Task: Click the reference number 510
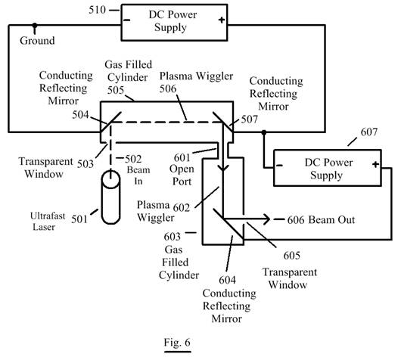(97, 10)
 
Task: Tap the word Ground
(37, 40)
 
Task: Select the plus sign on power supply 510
(222, 20)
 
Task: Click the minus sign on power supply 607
(280, 166)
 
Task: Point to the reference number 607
(368, 132)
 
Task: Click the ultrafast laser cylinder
(110, 197)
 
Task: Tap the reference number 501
(79, 219)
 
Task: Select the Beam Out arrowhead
(266, 219)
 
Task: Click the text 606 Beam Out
(321, 220)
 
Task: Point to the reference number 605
(292, 255)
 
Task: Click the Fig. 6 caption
(177, 342)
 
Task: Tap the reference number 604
(227, 281)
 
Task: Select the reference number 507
(250, 119)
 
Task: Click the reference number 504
(80, 115)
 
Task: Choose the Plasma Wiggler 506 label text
(196, 82)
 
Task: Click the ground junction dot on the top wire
(35, 25)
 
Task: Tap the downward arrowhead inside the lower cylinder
(223, 168)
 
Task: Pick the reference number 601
(182, 157)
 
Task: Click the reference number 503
(85, 163)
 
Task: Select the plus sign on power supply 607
(375, 164)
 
